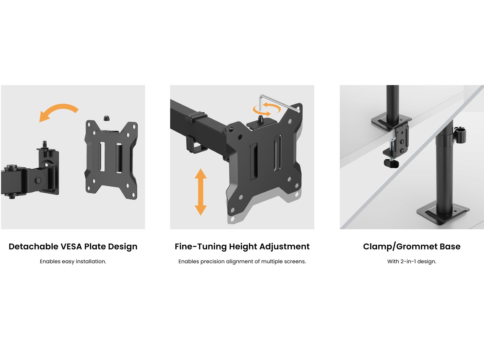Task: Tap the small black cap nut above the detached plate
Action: click(106, 118)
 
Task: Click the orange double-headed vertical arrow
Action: click(201, 192)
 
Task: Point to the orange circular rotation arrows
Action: click(267, 110)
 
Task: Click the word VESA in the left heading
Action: click(71, 247)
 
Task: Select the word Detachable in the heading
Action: click(34, 247)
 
